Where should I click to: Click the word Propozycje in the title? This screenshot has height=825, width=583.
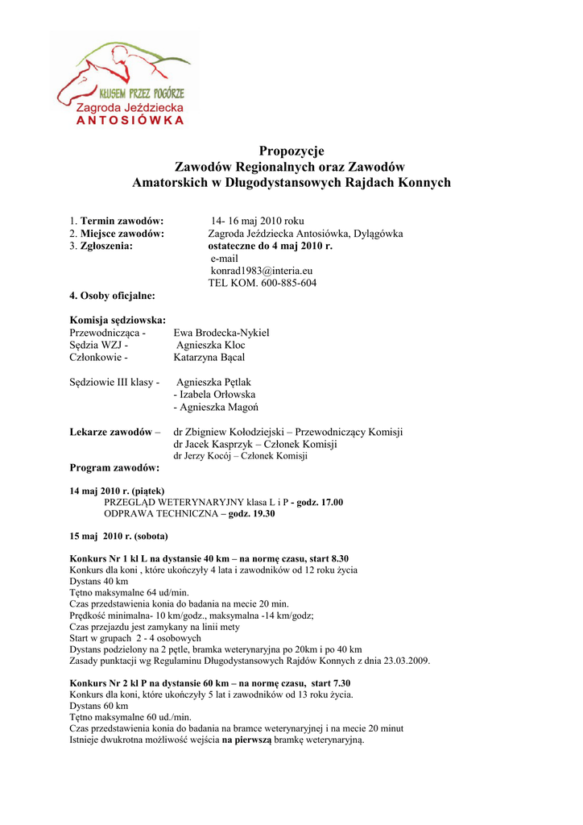pos(291,151)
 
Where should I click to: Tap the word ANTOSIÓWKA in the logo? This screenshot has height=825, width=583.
pos(130,122)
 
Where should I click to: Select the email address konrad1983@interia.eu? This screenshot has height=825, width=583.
pos(262,271)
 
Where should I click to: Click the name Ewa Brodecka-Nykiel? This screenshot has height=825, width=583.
pos(221,333)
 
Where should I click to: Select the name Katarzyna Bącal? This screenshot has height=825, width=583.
pos(209,357)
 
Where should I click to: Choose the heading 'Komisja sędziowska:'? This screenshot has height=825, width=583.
pos(118,320)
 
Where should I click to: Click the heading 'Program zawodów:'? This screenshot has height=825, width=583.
pos(114,467)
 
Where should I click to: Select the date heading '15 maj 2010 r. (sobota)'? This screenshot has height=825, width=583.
pos(118,536)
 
